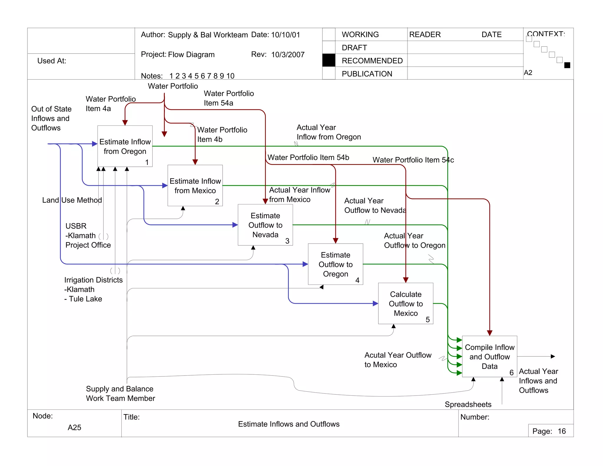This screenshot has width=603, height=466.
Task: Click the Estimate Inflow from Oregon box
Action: (x=125, y=146)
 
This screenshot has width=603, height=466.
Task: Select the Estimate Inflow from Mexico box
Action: (x=195, y=186)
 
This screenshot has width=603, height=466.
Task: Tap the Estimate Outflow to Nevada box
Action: (x=265, y=225)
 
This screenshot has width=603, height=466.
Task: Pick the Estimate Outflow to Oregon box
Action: (x=335, y=264)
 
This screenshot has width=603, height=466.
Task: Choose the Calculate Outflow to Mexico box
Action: (x=405, y=303)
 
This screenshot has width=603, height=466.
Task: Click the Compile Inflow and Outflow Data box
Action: (x=489, y=356)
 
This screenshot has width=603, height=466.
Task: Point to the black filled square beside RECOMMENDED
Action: (x=329, y=60)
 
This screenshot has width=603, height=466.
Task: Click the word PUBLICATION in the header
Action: (x=367, y=74)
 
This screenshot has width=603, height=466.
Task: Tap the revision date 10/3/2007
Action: (x=288, y=54)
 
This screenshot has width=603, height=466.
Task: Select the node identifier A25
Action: (x=74, y=427)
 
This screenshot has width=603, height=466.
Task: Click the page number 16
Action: (x=561, y=431)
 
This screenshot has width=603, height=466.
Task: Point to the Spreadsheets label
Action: (x=468, y=404)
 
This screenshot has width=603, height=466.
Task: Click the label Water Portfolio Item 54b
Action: (x=308, y=157)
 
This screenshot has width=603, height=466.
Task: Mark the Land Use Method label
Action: (x=72, y=200)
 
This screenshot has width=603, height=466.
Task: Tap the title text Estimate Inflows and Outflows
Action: (x=289, y=424)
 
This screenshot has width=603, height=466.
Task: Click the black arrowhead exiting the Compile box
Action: (x=553, y=356)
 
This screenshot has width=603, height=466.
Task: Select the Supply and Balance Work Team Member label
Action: (x=120, y=394)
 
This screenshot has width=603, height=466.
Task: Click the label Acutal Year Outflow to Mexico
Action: (x=397, y=360)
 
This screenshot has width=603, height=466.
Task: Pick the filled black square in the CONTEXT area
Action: (x=567, y=65)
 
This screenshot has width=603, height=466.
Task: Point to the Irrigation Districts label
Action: (x=93, y=280)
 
